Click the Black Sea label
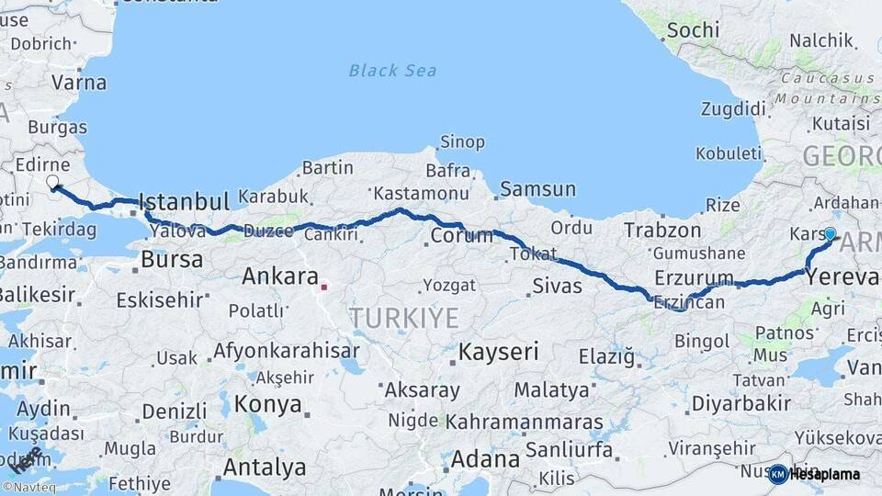coord(392,70)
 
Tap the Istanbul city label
coord(183,201)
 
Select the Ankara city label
coord(279,276)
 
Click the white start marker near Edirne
coord(52,182)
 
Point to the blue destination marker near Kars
coord(830,234)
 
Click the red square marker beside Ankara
coord(323,287)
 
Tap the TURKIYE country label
coord(403,318)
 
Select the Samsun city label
coord(537,189)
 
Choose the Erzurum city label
coord(694,277)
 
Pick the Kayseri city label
coord(498,351)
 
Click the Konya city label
coord(267,404)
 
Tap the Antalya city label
coord(264,467)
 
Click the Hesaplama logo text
coord(823,475)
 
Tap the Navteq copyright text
coord(32,487)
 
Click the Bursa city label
coord(171,259)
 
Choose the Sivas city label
coord(557,286)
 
